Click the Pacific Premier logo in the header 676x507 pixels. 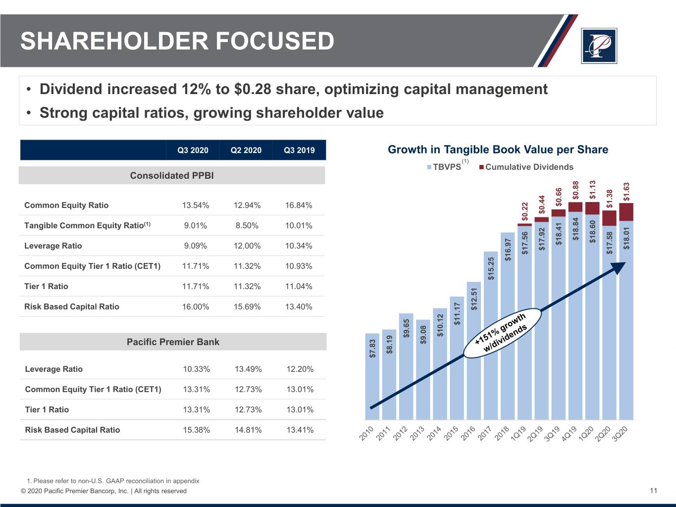coord(599,46)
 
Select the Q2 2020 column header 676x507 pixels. coord(246,150)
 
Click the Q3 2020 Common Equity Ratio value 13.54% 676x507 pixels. coord(196,205)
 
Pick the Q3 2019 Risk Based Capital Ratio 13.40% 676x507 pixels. coord(299,307)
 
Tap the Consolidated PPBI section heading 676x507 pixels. coord(172,176)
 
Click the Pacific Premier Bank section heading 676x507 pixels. coord(173,342)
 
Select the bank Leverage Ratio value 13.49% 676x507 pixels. coord(248,369)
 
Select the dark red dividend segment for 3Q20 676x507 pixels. coord(626,212)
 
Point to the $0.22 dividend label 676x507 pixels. coord(525,211)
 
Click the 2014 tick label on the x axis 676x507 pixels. coord(434,433)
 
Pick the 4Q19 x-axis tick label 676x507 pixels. coord(569,433)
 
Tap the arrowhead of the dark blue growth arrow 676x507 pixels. coord(618,267)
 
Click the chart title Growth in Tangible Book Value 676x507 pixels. coord(498,150)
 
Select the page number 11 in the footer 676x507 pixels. coord(653,491)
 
